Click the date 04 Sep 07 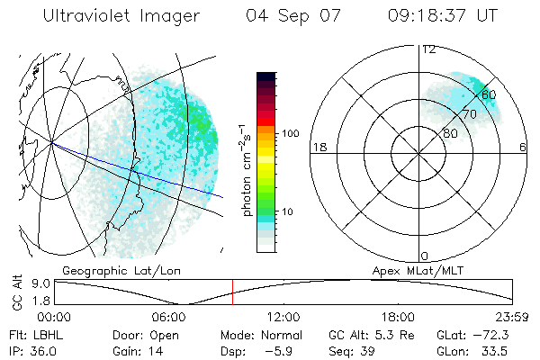click(x=294, y=15)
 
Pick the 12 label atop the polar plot click(x=429, y=49)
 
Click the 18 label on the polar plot click(x=318, y=147)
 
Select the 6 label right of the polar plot click(x=523, y=147)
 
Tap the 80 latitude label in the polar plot click(x=450, y=133)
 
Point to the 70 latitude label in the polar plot click(x=469, y=114)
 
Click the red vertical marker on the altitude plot click(x=232, y=292)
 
